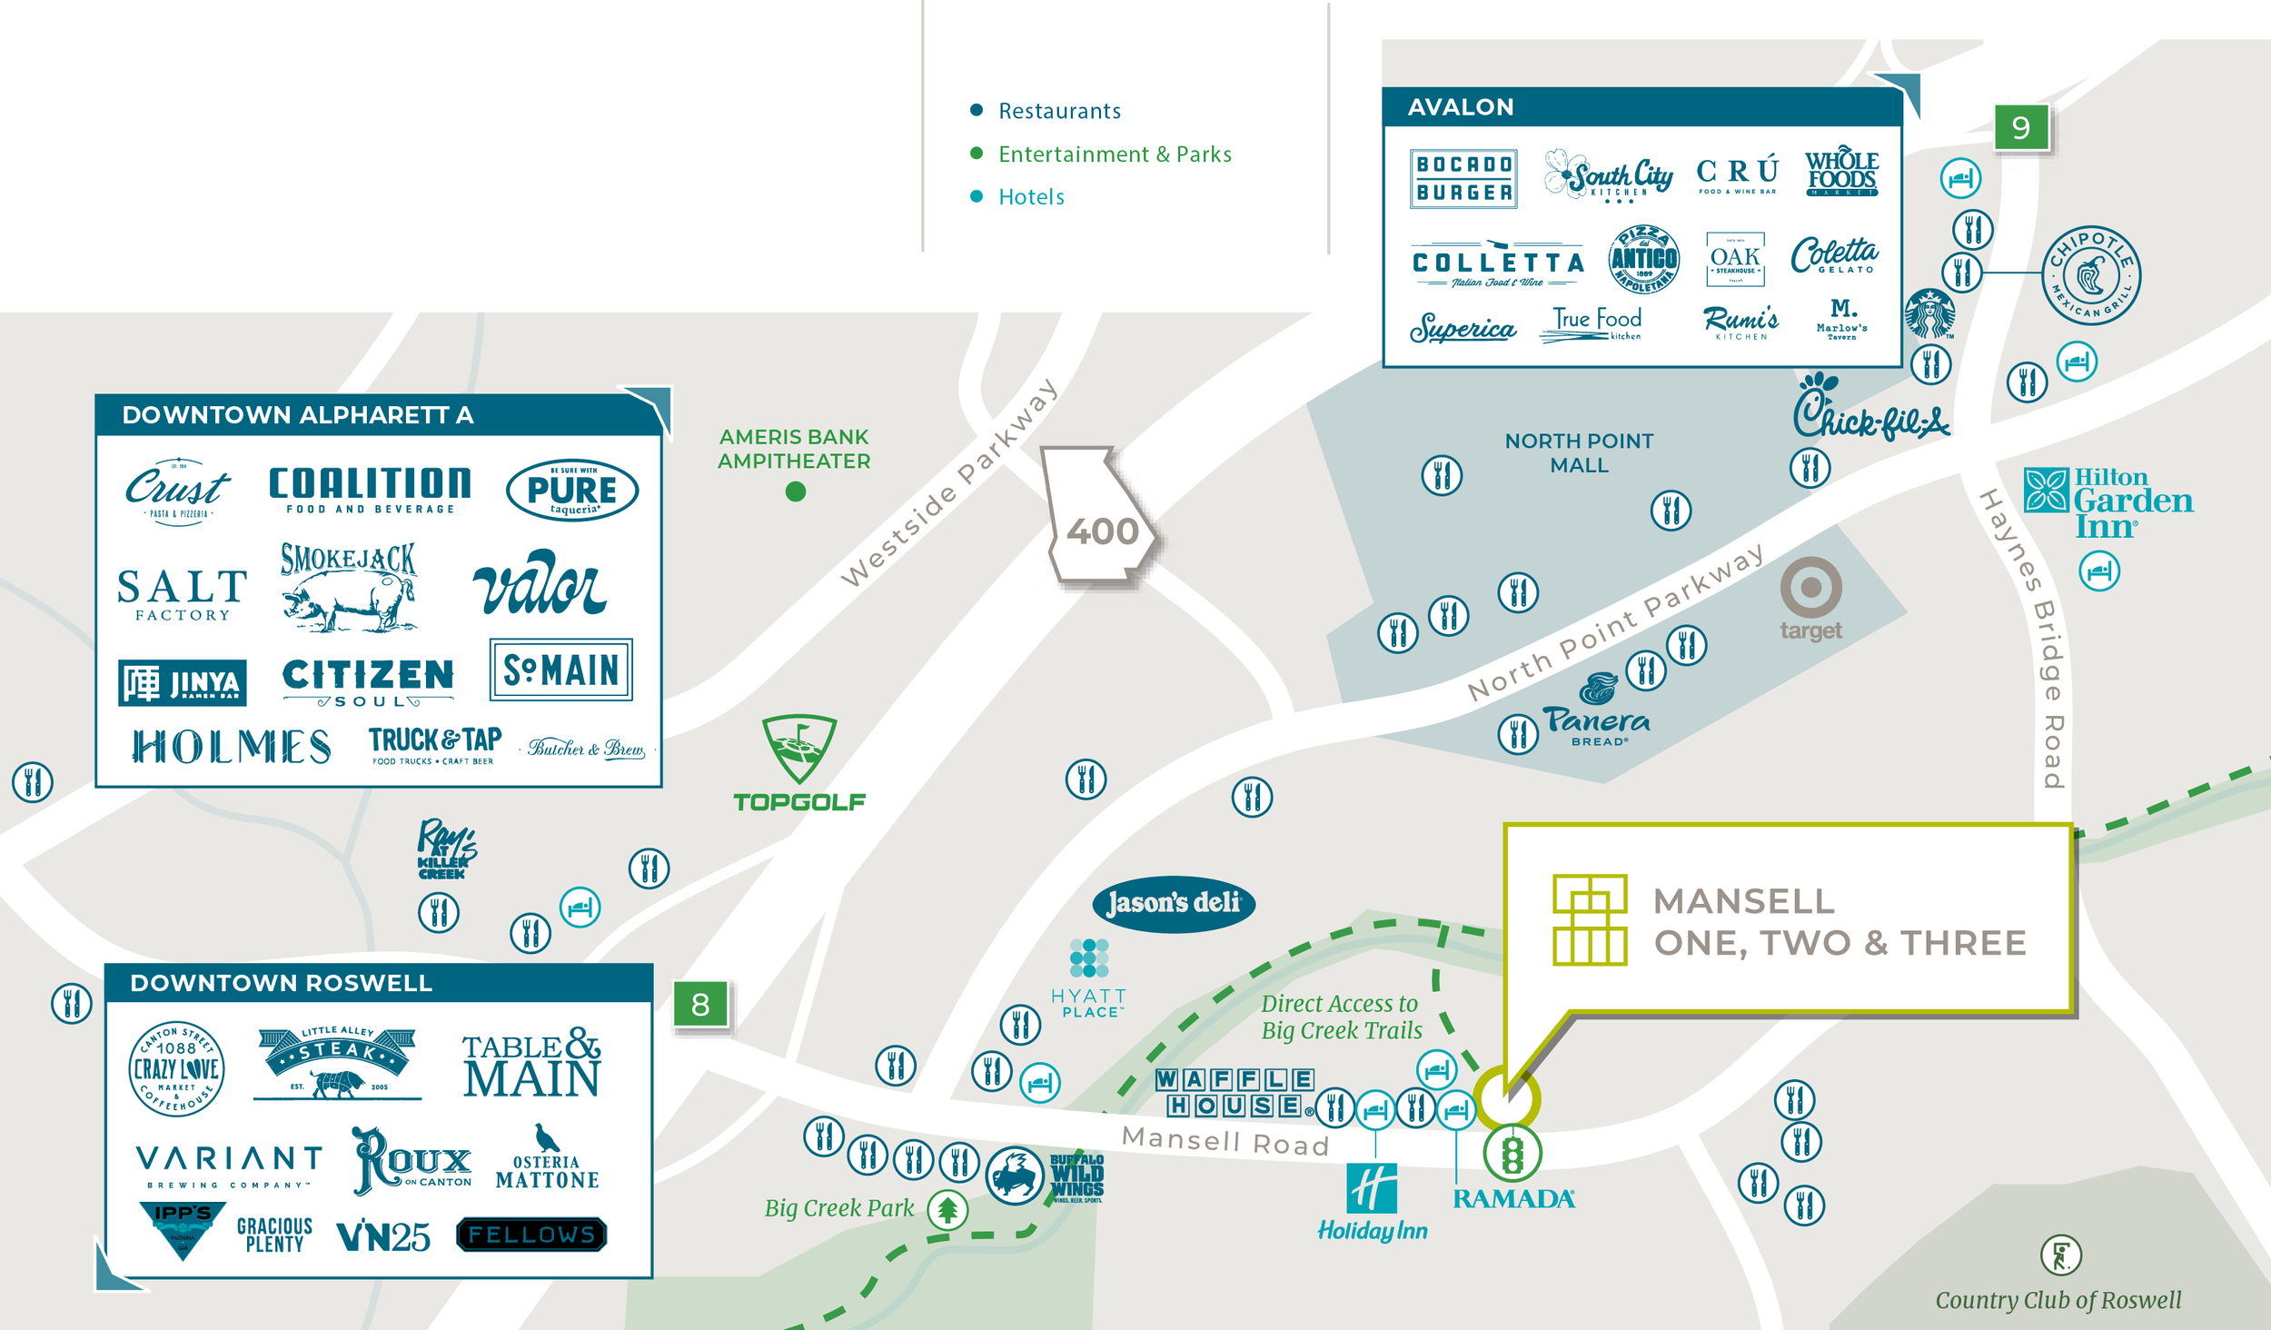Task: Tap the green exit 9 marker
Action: coord(2020,127)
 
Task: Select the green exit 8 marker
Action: coord(700,1005)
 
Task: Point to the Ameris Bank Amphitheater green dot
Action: coord(795,491)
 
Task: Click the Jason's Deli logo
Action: coord(1173,903)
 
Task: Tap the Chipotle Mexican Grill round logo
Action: coord(2090,274)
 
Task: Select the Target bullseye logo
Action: coord(1810,589)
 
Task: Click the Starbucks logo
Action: coord(1929,314)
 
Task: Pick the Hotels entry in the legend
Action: coord(1030,197)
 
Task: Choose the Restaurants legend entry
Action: coord(1058,111)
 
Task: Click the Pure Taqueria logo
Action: coord(572,490)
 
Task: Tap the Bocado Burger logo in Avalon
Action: coord(1463,179)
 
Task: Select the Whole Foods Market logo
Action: coord(1840,173)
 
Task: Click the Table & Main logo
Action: coord(531,1064)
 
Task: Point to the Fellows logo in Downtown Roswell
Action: coord(531,1235)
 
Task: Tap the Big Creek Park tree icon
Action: coord(947,1210)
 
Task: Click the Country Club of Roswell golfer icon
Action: coord(2060,1256)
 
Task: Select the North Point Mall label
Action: coord(1579,452)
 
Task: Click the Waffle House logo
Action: coord(1235,1092)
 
